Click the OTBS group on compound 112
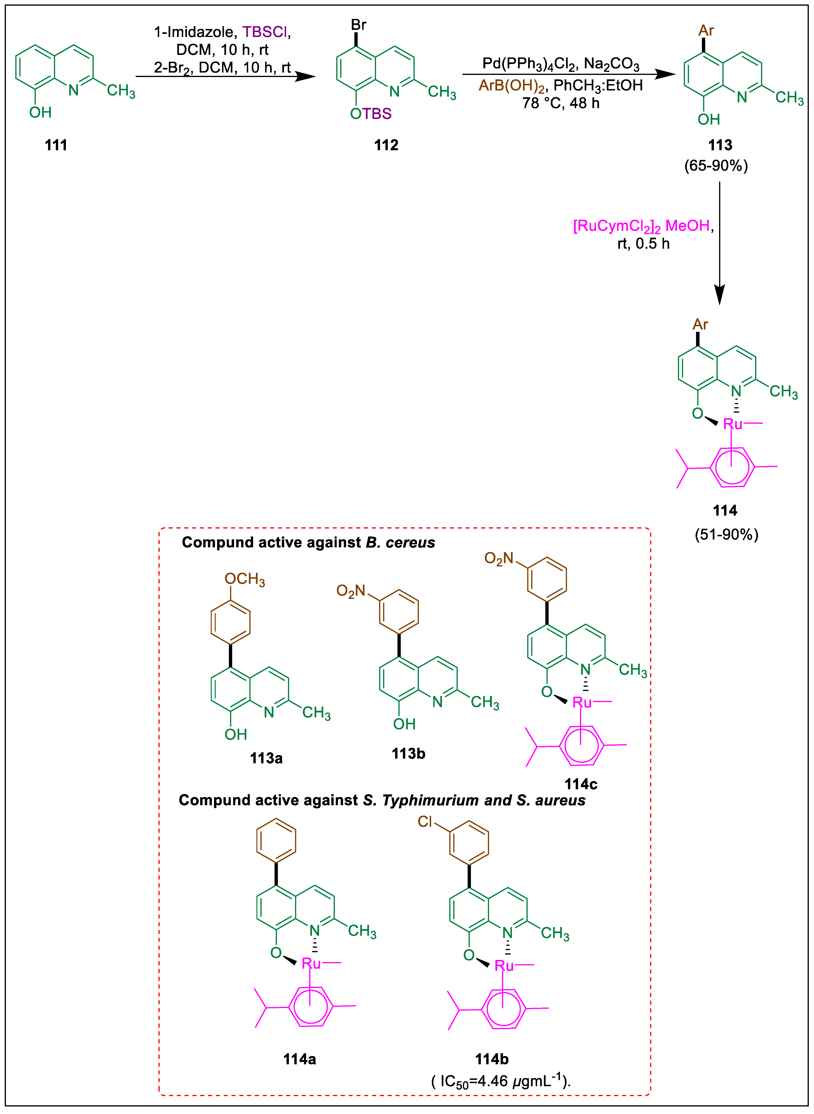[371, 114]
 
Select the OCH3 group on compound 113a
[245, 579]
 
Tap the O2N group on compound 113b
[351, 591]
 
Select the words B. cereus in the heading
[400, 542]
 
